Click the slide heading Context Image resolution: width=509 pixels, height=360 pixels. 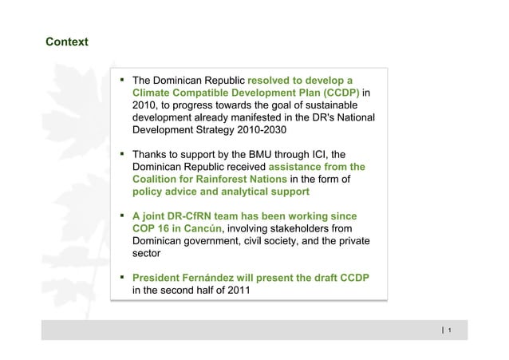pos(67,41)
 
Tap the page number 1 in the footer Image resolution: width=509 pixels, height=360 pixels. pos(451,330)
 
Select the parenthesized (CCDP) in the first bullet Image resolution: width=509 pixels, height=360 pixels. pos(335,93)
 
